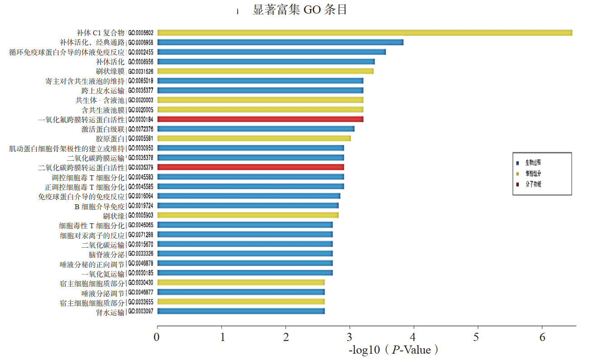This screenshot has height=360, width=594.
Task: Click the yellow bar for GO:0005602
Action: click(364, 33)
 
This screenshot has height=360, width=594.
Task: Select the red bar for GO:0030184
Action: click(260, 119)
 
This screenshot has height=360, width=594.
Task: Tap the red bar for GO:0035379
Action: click(250, 167)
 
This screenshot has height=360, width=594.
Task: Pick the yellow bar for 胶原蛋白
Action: click(254, 138)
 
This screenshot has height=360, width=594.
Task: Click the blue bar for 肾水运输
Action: click(241, 311)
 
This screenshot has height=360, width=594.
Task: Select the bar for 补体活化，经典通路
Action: click(280, 42)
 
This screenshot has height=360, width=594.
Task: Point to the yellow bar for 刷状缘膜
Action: click(265, 71)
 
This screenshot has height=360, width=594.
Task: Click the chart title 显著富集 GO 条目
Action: click(300, 10)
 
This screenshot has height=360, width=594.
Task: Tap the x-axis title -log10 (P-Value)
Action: click(393, 350)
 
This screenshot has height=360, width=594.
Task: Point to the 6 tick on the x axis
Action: click(542, 337)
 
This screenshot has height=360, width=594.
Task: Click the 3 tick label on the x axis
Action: click(350, 337)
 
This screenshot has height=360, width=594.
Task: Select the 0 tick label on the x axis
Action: click(157, 337)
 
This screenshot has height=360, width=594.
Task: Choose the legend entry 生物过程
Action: click(533, 162)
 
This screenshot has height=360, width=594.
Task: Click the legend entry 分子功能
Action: click(533, 184)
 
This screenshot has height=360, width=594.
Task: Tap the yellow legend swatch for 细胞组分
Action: click(517, 173)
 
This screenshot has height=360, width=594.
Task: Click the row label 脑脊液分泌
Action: click(106, 254)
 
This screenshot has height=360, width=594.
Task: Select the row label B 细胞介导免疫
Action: click(99, 206)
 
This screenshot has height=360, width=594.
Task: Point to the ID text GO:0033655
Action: click(141, 302)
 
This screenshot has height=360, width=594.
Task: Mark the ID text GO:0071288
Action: click(141, 235)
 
